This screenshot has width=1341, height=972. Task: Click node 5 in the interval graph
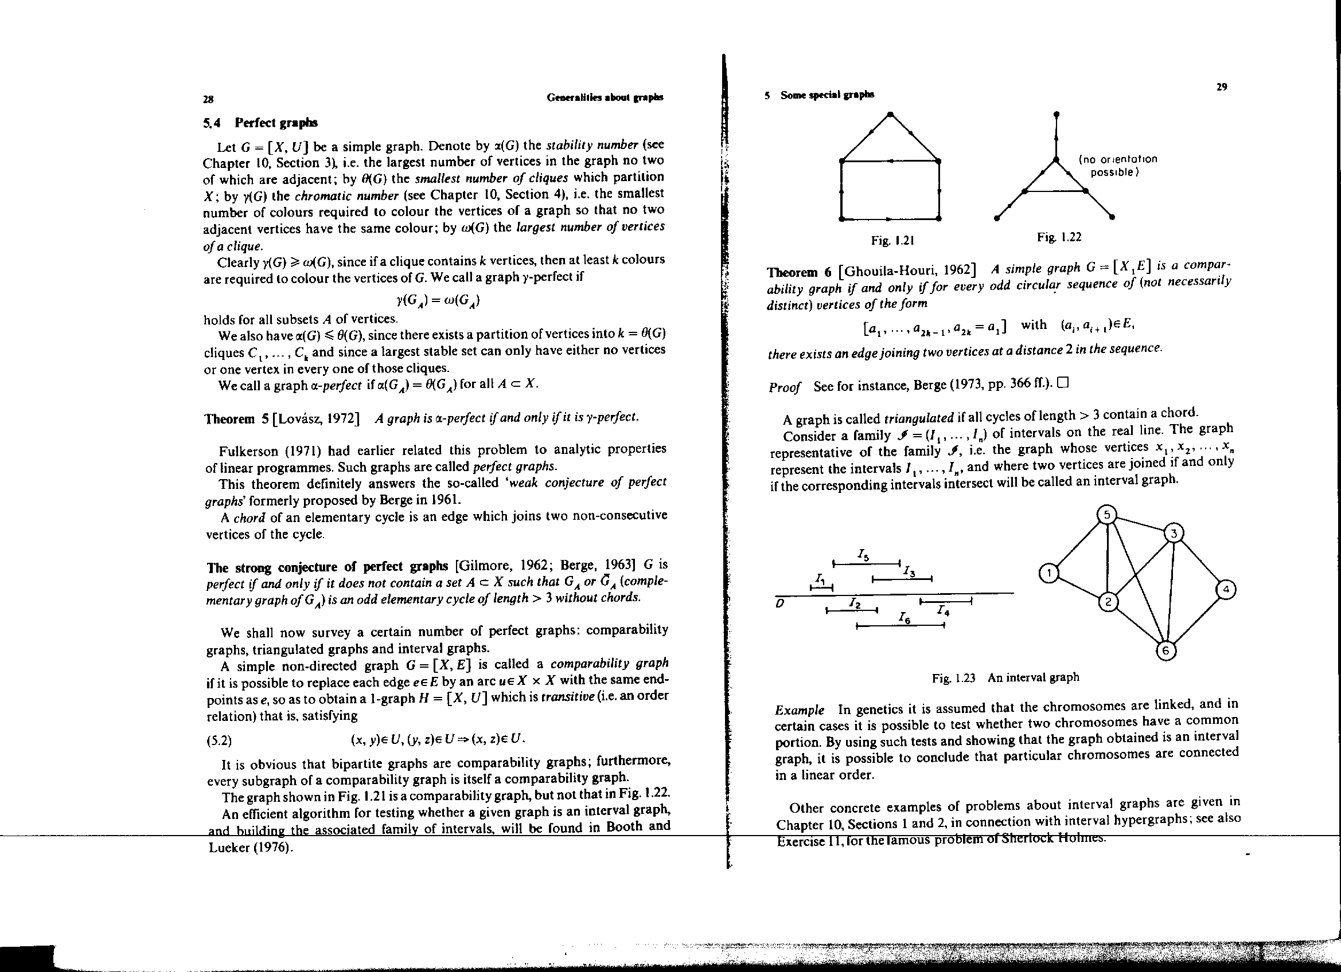click(1107, 515)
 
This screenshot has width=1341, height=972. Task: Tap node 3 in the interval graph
click(1174, 534)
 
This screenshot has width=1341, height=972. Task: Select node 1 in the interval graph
click(1048, 573)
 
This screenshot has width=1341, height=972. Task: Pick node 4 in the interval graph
click(1226, 590)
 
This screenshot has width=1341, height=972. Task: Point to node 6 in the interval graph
click(1165, 651)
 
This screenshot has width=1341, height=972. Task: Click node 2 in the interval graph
click(1108, 602)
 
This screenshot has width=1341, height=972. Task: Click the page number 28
click(208, 99)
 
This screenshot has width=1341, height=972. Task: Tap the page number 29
click(1222, 87)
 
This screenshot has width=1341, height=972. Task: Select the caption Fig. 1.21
click(893, 241)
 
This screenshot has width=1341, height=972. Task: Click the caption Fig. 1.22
click(1059, 237)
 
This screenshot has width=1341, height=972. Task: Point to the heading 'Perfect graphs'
click(275, 123)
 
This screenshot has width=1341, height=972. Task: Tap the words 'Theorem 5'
click(236, 419)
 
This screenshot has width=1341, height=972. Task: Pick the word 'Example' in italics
click(800, 710)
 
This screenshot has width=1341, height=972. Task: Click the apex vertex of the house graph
click(890, 113)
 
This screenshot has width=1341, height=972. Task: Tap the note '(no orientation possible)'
click(1117, 166)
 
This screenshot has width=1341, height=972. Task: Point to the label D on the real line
click(780, 603)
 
